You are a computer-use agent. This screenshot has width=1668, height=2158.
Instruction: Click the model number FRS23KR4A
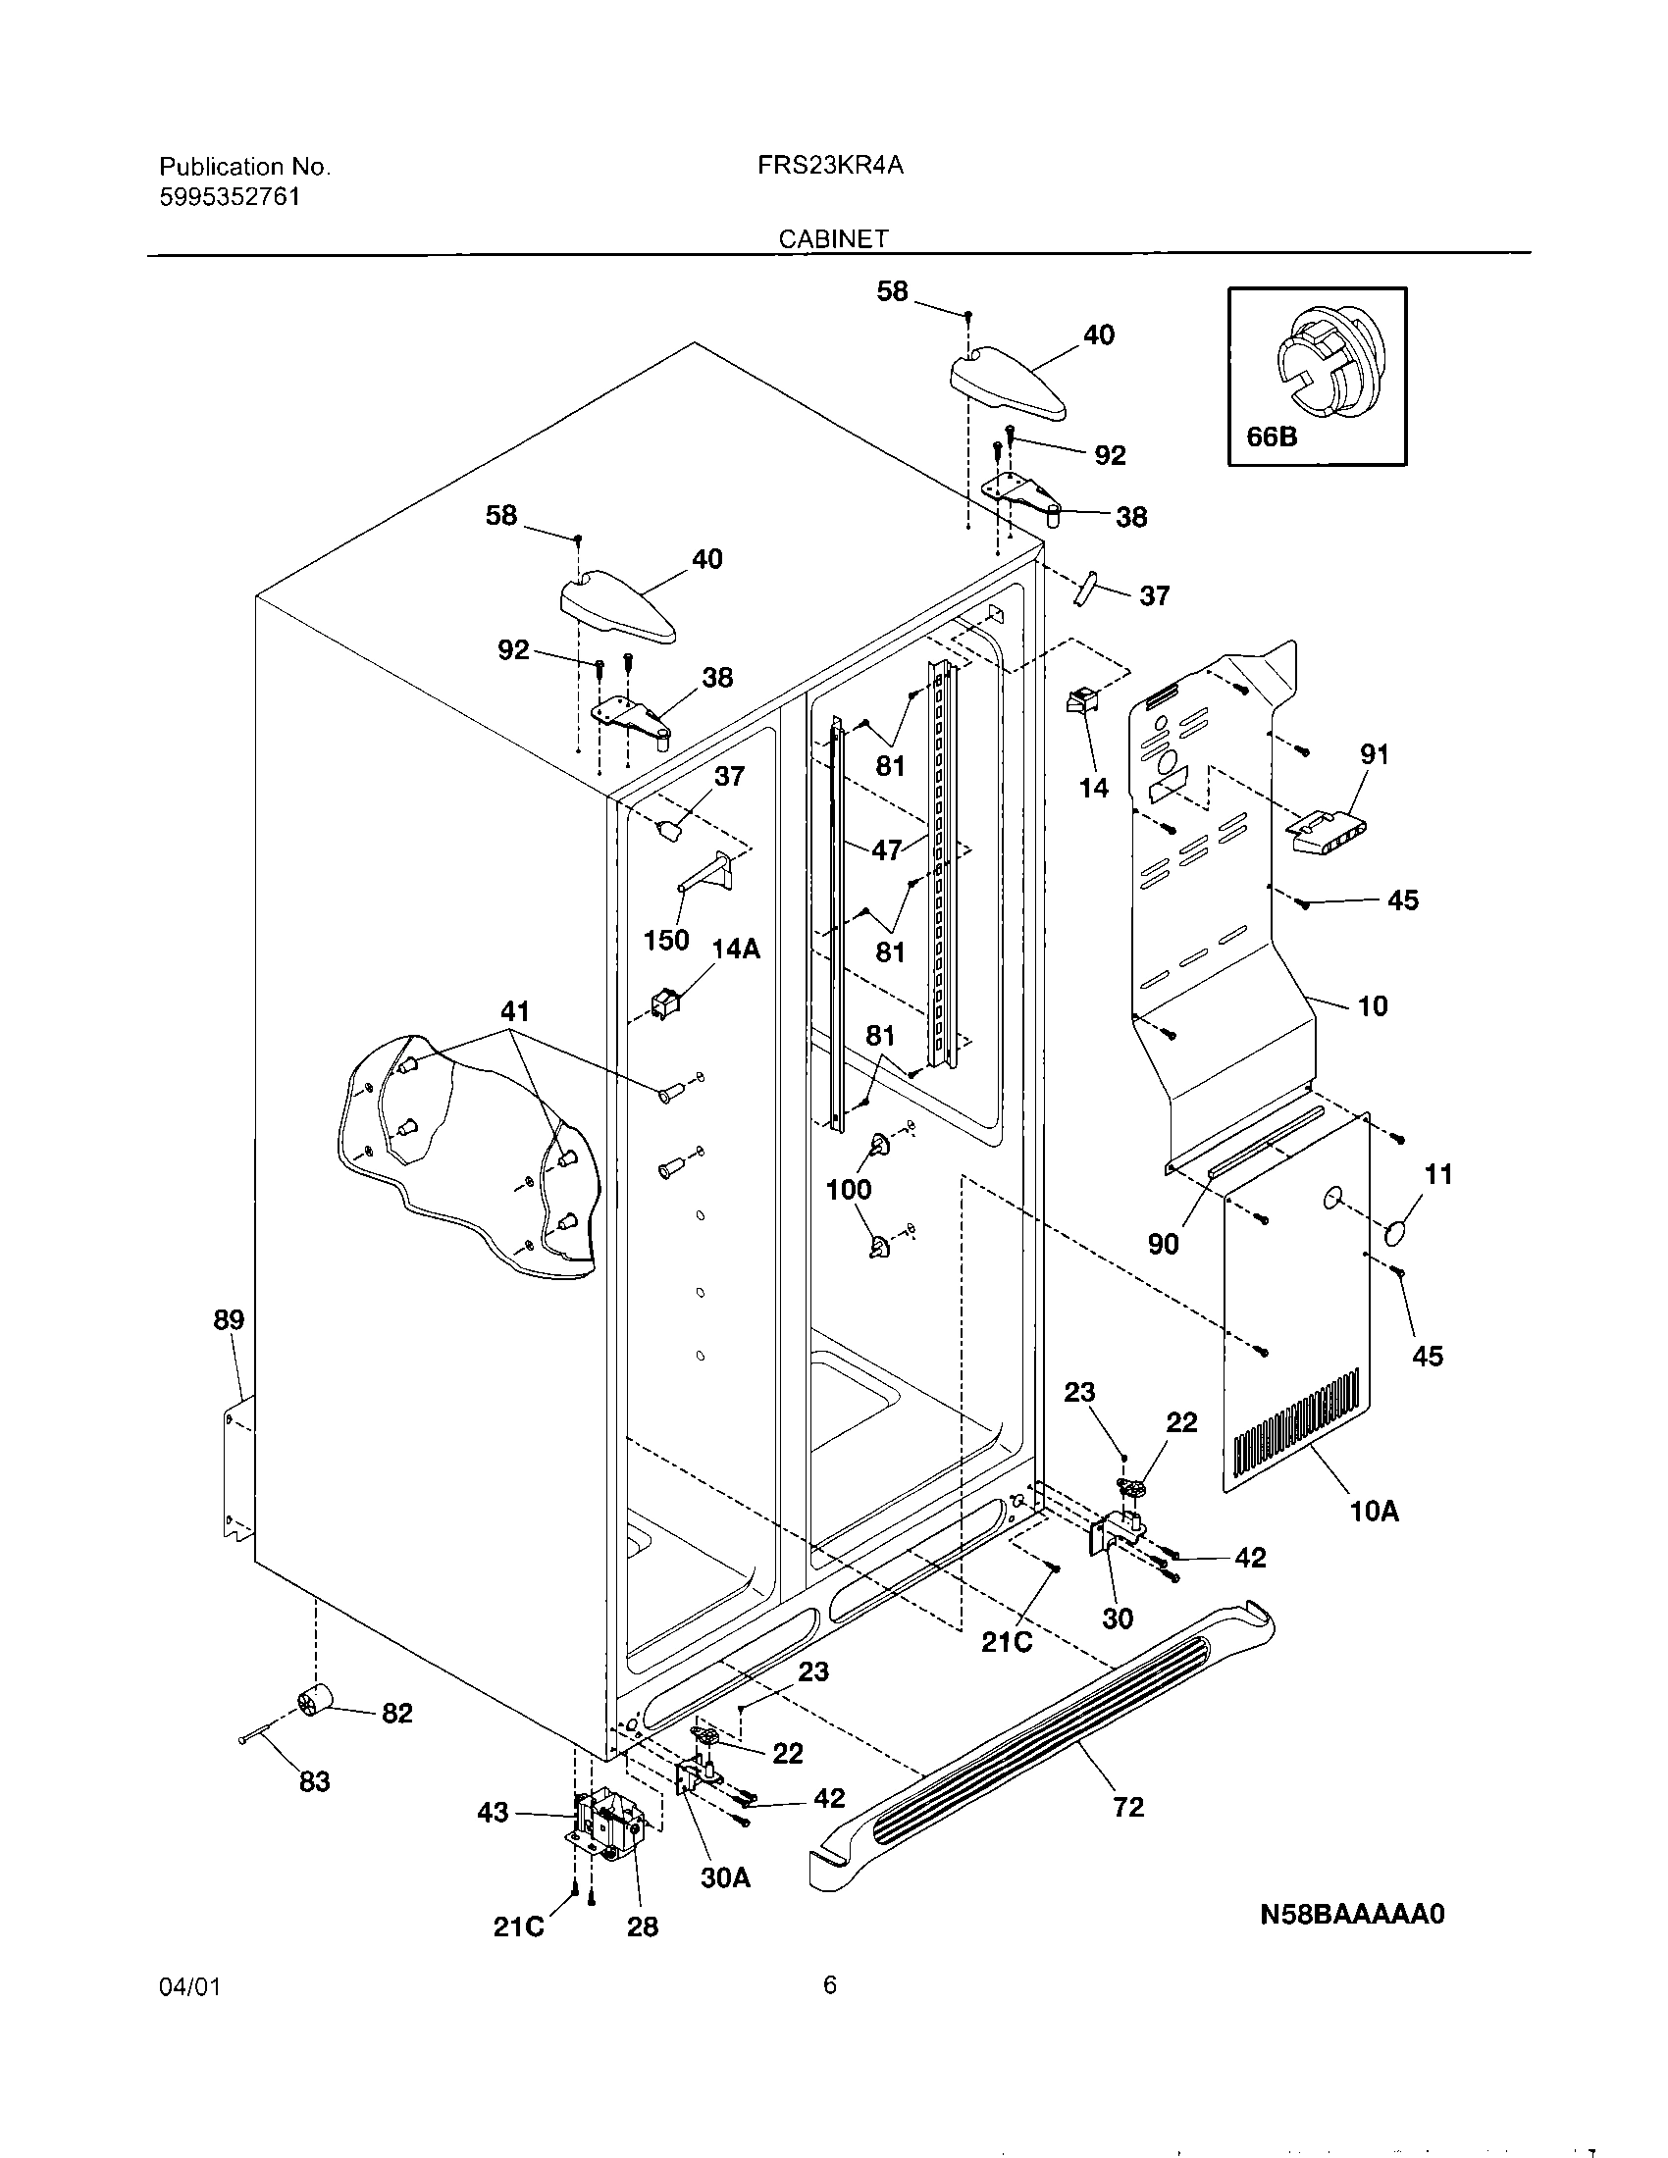point(830,166)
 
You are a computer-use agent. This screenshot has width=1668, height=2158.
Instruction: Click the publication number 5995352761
point(231,196)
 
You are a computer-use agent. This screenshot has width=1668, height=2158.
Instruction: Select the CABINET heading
point(833,238)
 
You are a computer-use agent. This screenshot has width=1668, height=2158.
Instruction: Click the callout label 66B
point(1272,436)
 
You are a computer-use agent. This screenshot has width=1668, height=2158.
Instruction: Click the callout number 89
point(229,1319)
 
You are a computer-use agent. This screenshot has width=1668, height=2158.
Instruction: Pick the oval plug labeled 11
point(1396,1233)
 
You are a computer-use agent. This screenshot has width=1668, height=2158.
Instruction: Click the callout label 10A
point(1375,1511)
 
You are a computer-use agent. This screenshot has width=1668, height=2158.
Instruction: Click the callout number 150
point(666,940)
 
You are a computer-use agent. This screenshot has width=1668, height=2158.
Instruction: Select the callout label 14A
point(736,950)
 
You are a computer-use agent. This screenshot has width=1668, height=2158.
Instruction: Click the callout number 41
point(515,1012)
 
